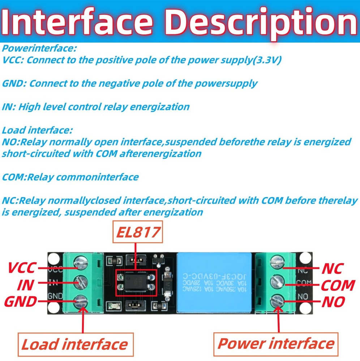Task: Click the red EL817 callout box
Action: point(138,232)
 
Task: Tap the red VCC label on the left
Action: point(22,268)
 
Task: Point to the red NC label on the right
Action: point(332,268)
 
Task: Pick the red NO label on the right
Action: point(333,301)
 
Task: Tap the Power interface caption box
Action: point(276,343)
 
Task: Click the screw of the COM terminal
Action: point(277,280)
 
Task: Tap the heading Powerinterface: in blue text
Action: point(39,48)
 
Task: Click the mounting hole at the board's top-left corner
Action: point(54,258)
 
